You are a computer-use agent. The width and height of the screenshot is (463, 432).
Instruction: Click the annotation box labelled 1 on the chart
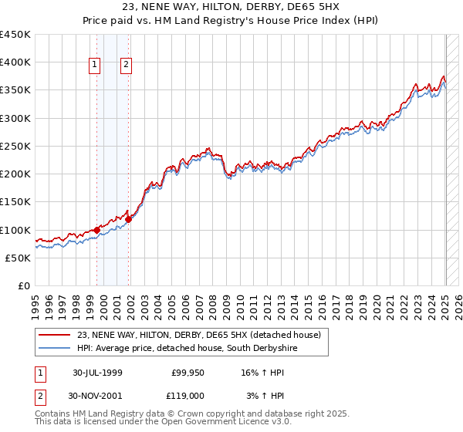pos(95,66)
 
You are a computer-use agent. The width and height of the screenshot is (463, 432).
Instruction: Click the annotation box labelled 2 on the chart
pos(126,66)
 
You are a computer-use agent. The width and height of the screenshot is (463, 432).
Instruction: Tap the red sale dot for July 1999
pos(96,230)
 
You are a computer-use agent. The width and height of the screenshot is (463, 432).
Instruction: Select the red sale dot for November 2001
pos(129,220)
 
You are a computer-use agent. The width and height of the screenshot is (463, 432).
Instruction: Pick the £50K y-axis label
pos(18,258)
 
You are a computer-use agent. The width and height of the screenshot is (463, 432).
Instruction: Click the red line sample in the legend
pos(55,335)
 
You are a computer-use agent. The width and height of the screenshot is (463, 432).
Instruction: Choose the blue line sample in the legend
pos(55,349)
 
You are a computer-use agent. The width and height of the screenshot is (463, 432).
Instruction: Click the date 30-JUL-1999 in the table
pos(97,373)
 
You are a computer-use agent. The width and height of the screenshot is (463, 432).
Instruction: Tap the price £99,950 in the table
pos(186,373)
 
